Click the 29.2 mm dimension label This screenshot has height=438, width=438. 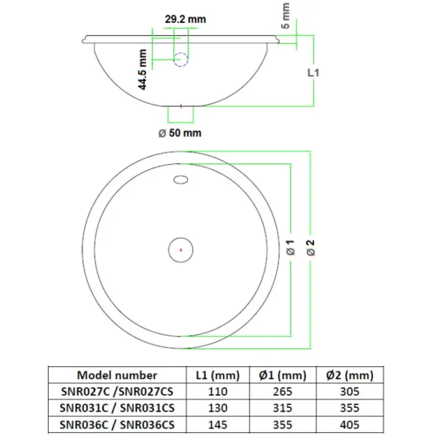pos(185,19)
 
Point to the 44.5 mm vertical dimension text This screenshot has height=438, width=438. pos(142,70)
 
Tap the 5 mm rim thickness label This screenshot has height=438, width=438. pos(285,16)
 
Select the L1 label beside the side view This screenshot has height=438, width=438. pos(313,73)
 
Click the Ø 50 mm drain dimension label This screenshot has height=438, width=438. pos(180,133)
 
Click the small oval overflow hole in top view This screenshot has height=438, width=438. pos(181,180)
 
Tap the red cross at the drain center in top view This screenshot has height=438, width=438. pos(181,250)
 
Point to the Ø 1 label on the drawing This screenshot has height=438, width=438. pos(291,247)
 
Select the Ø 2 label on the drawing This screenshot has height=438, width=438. pos(310,248)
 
